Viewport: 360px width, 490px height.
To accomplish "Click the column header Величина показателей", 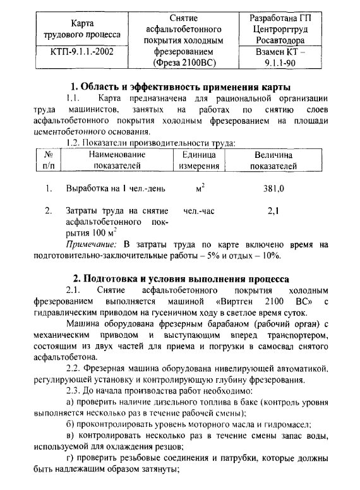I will coord(273,160).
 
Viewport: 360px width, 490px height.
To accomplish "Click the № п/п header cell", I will coord(47,160).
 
